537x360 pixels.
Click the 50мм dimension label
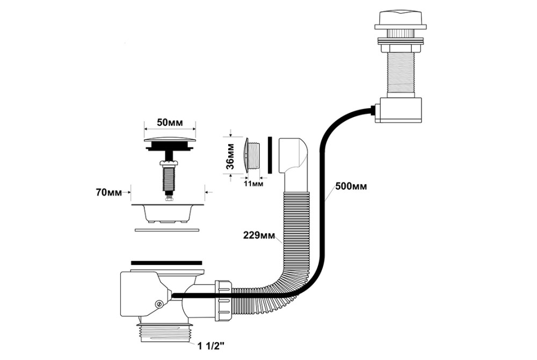click(169, 123)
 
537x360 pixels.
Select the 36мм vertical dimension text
click(229, 156)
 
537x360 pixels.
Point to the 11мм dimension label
click(253, 184)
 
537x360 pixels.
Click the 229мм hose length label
click(259, 234)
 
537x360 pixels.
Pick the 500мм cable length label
click(351, 186)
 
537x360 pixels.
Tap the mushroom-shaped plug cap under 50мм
click(169, 143)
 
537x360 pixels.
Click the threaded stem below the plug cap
click(169, 178)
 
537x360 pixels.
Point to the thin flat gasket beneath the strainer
click(166, 230)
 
